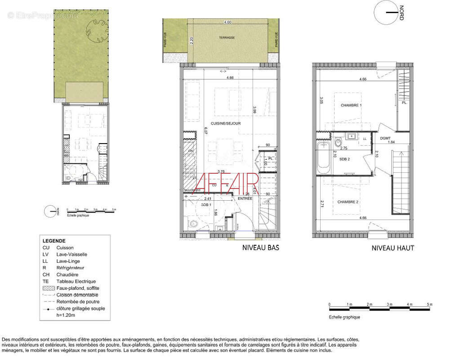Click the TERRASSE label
(x=227, y=38)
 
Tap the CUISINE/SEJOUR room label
(x=227, y=123)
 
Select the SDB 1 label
(x=206, y=205)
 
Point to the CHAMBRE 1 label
(x=351, y=105)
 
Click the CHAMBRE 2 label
(x=348, y=202)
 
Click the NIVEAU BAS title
(x=260, y=247)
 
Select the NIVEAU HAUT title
(x=393, y=248)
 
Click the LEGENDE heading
(x=54, y=241)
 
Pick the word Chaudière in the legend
(x=67, y=274)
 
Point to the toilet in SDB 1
(x=191, y=223)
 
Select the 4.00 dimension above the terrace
(x=228, y=22)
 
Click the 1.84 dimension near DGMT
(x=391, y=142)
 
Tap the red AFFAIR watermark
(x=228, y=182)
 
